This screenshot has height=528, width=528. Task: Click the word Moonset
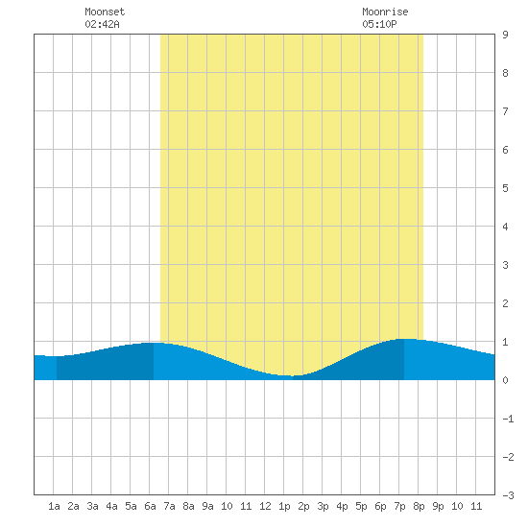[105, 12]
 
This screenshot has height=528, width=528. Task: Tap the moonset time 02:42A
[102, 24]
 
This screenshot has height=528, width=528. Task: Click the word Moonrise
[385, 12]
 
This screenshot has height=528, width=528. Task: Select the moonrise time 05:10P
[379, 24]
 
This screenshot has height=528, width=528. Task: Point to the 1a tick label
[54, 506]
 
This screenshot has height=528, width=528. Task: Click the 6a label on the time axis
[150, 506]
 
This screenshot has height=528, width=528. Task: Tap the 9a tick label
[207, 506]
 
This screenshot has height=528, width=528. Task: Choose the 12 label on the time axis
[265, 506]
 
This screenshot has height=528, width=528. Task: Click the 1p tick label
[284, 507]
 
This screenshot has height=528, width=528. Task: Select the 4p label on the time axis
[342, 507]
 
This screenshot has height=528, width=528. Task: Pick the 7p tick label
[399, 507]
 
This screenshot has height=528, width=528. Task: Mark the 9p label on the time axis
[438, 507]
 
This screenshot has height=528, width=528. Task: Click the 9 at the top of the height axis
[505, 35]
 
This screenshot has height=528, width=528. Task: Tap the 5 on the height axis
[505, 188]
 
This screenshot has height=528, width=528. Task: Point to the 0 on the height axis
[505, 380]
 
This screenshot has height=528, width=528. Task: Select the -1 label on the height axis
[508, 419]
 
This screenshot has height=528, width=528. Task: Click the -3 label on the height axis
[508, 495]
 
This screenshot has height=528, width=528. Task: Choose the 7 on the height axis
[505, 111]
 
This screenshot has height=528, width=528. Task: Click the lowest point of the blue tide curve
[290, 375]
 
